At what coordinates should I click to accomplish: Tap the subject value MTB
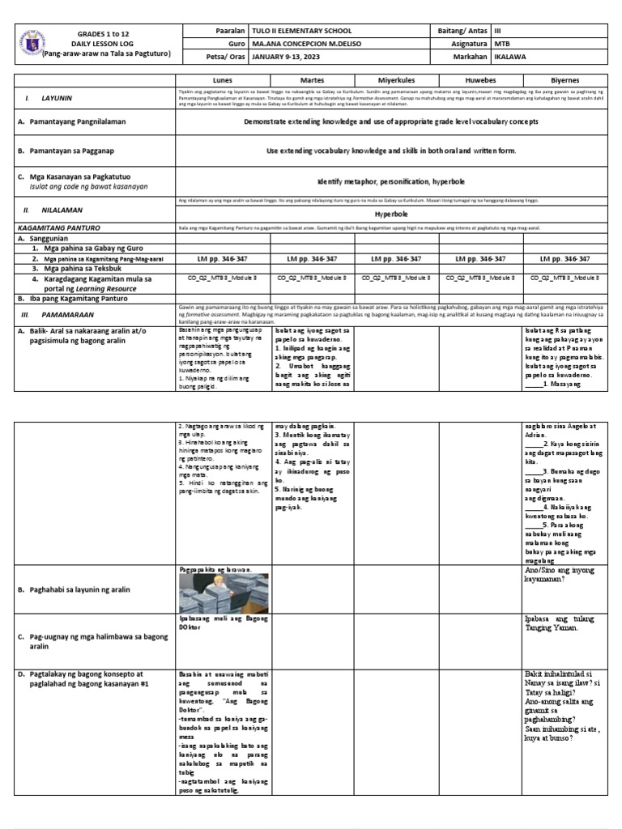[503, 44]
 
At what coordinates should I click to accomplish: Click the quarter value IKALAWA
[510, 57]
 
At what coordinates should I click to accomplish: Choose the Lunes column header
[222, 81]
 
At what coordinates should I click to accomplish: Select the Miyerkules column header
[396, 81]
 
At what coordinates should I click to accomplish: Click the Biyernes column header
[564, 81]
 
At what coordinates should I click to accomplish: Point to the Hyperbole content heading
[395, 217]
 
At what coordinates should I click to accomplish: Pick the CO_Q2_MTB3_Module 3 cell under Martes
[308, 277]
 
